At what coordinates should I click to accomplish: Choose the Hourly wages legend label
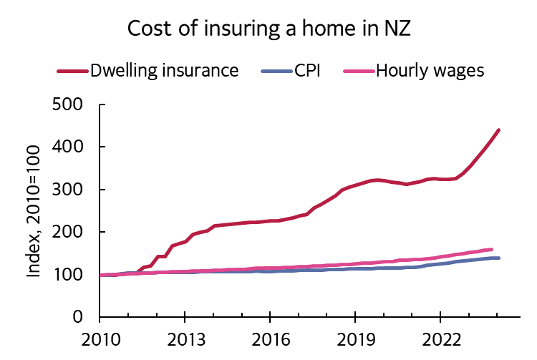[430, 70]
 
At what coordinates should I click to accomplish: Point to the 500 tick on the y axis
[69, 104]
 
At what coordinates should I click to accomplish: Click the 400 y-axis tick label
[69, 147]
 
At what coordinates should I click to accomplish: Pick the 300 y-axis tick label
[69, 190]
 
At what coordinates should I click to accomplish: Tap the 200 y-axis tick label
[69, 232]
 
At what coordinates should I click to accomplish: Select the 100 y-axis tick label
[69, 275]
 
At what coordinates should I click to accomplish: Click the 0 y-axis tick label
[79, 317]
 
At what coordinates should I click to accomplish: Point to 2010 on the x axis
[100, 339]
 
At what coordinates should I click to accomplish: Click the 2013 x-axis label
[185, 339]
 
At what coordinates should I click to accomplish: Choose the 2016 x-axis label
[269, 339]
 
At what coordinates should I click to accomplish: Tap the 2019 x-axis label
[354, 339]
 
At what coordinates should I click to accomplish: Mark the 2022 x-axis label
[438, 339]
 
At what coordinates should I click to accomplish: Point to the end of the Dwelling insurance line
[498, 130]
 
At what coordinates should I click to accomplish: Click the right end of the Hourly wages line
[491, 250]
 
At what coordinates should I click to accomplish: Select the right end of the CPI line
[498, 258]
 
